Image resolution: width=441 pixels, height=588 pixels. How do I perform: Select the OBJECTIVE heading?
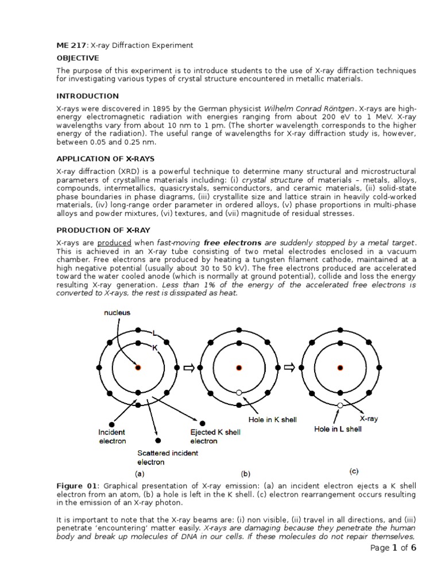pos(78,58)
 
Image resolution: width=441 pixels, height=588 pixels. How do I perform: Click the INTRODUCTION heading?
pos(87,96)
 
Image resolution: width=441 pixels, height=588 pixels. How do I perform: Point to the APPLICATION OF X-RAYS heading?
pos(105,158)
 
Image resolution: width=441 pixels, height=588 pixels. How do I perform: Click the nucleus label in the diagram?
pos(117,313)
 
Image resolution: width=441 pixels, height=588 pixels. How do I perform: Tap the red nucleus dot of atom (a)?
pos(138,367)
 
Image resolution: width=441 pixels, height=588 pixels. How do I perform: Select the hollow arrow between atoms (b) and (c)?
pos(289,367)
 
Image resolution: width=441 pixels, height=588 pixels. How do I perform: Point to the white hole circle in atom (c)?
pos(340,405)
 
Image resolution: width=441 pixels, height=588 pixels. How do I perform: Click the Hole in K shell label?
pos(273,420)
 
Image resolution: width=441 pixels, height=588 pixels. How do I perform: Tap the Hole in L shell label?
pos(338,429)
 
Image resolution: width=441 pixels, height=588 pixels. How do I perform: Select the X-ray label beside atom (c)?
pos(368,419)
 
